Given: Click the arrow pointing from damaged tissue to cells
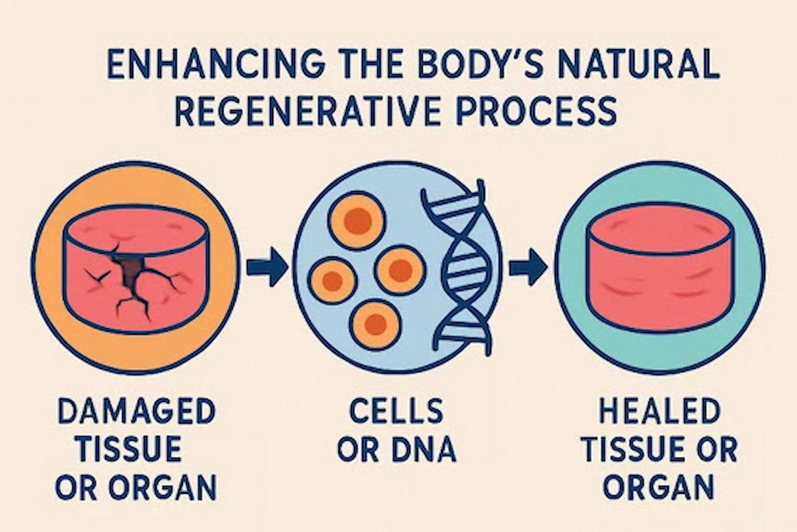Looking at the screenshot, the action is pyautogui.click(x=267, y=267).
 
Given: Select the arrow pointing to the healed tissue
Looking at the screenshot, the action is pyautogui.click(x=528, y=267).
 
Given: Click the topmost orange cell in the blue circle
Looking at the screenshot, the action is pyautogui.click(x=357, y=220).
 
